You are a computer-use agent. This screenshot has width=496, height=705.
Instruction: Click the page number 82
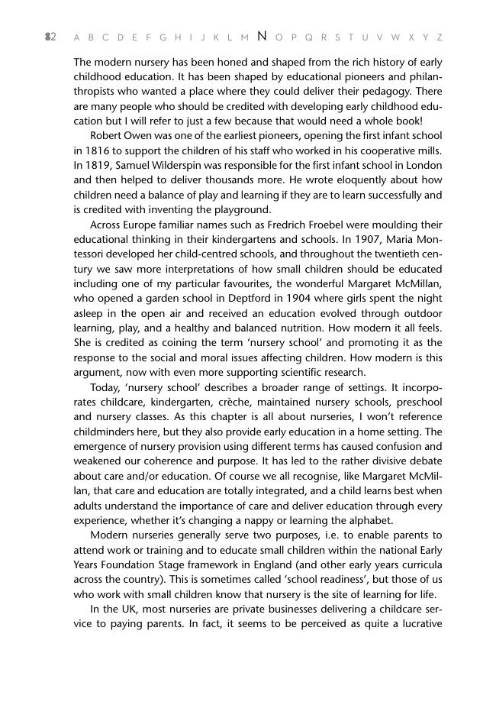(x=50, y=37)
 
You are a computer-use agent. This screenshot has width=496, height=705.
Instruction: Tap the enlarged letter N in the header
(x=262, y=36)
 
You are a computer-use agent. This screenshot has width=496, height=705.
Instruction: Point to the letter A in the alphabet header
(x=77, y=37)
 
